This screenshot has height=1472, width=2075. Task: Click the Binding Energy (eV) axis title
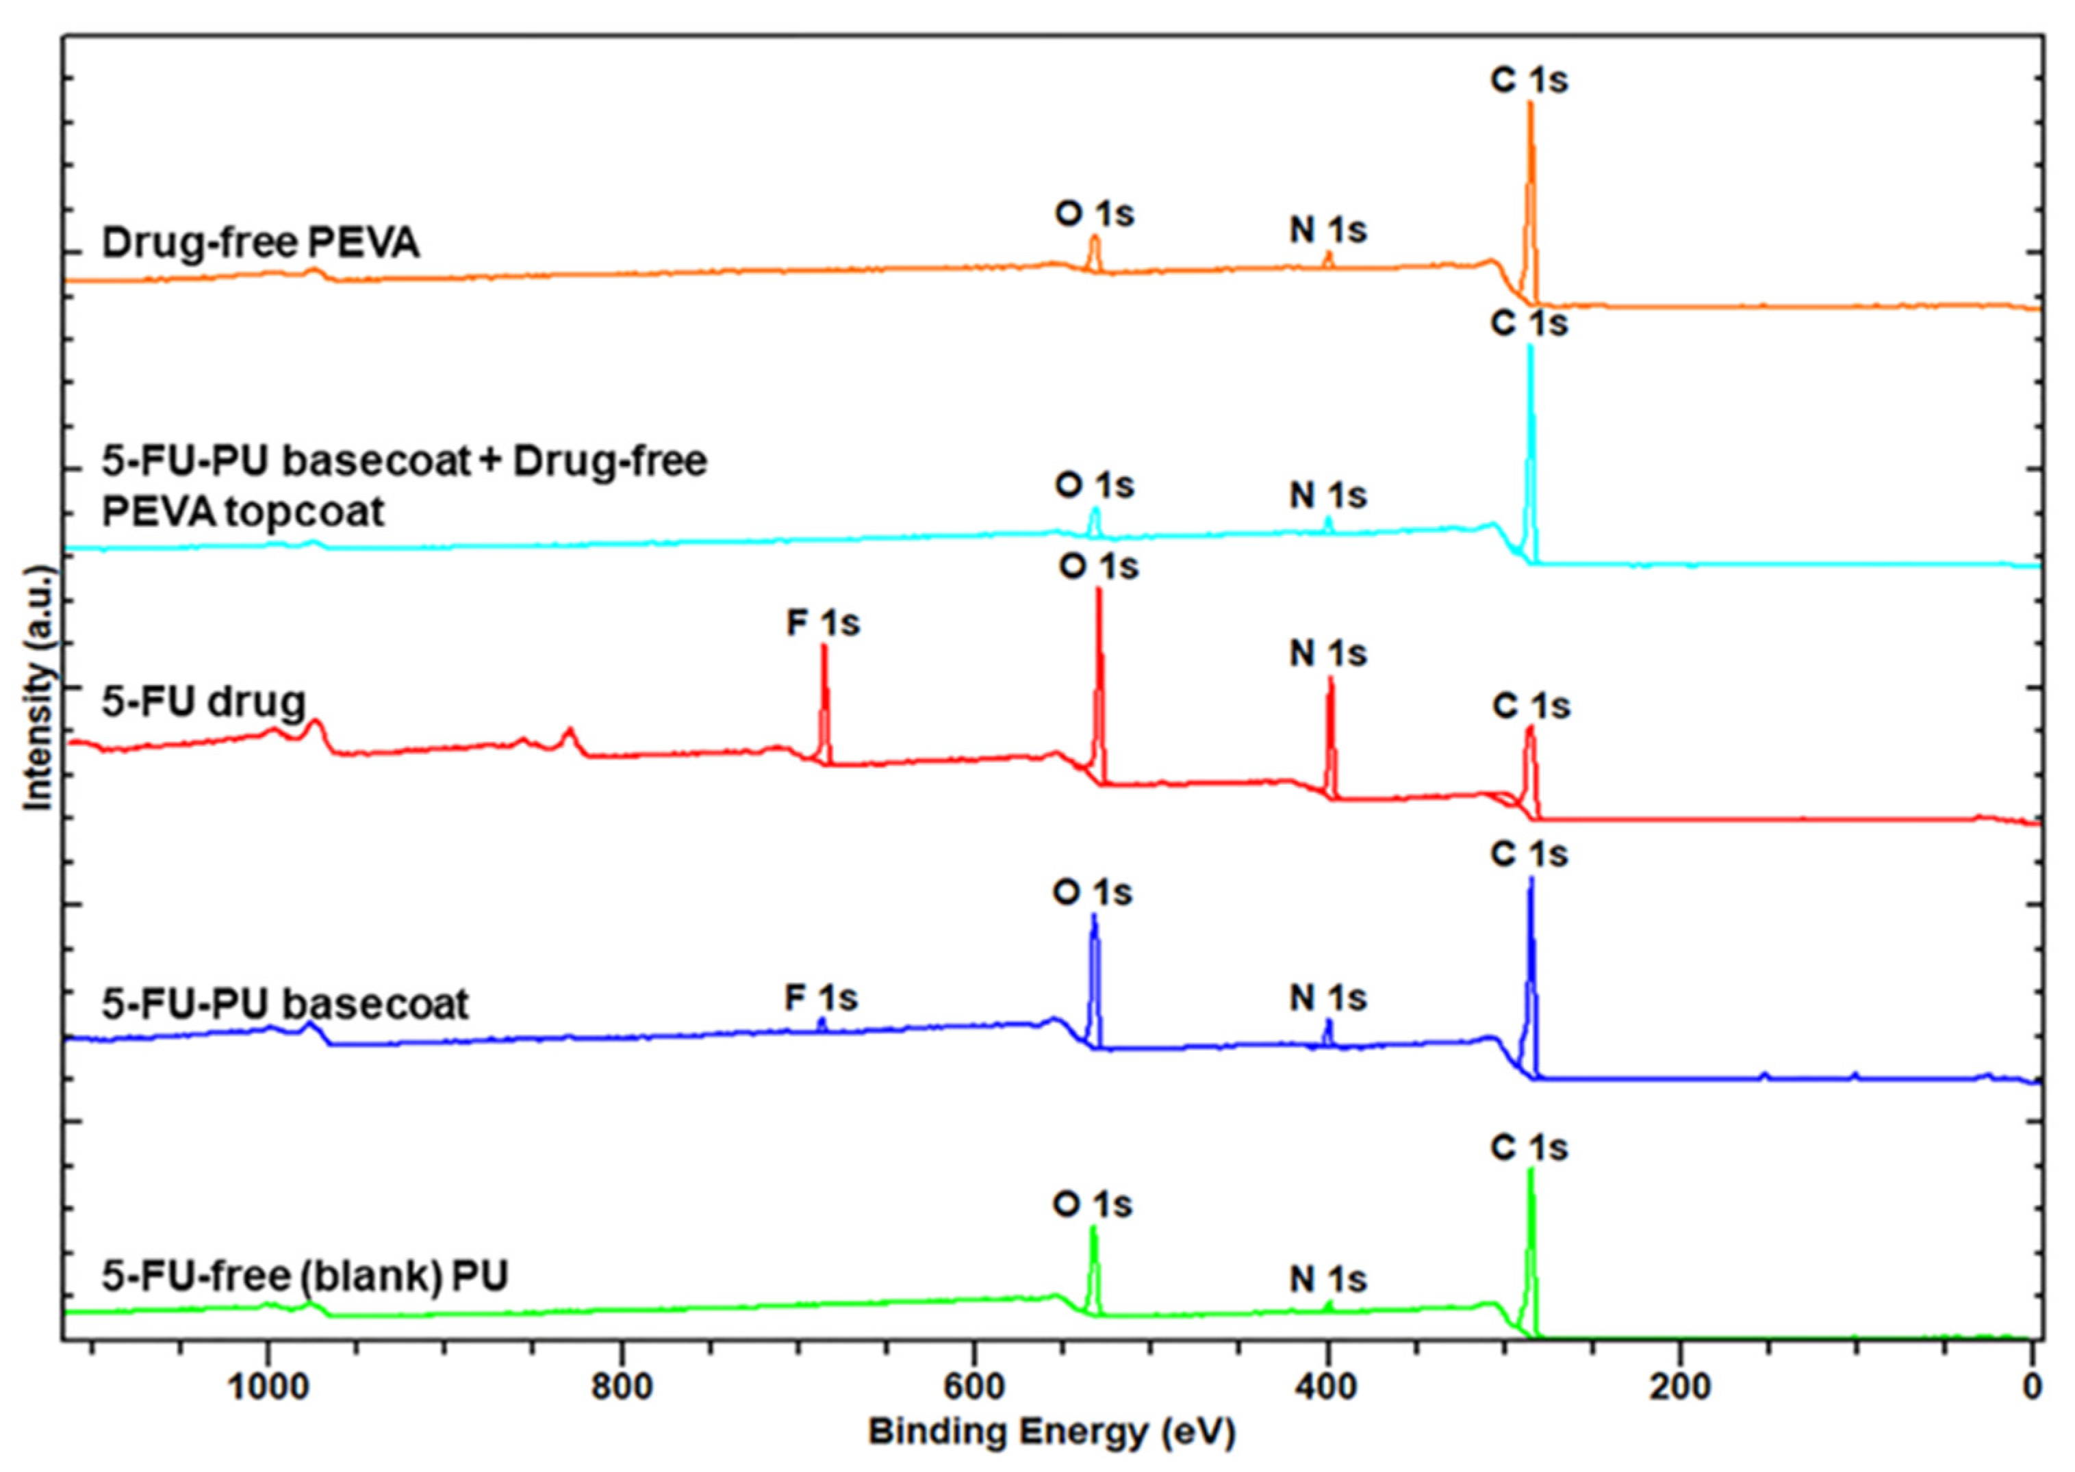pyautogui.click(x=1052, y=1432)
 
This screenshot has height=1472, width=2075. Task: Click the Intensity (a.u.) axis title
pyautogui.click(x=38, y=689)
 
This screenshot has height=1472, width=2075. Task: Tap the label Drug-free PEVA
pyautogui.click(x=260, y=243)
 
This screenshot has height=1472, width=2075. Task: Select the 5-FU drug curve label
pyautogui.click(x=203, y=701)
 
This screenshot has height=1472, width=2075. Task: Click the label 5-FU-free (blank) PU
pyautogui.click(x=304, y=1276)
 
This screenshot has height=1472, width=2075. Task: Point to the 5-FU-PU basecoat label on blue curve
pyautogui.click(x=285, y=1003)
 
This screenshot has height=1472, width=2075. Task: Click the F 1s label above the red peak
pyautogui.click(x=822, y=623)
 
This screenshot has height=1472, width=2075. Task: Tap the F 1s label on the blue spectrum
pyautogui.click(x=820, y=998)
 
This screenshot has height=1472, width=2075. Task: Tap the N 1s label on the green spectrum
pyautogui.click(x=1328, y=1279)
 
